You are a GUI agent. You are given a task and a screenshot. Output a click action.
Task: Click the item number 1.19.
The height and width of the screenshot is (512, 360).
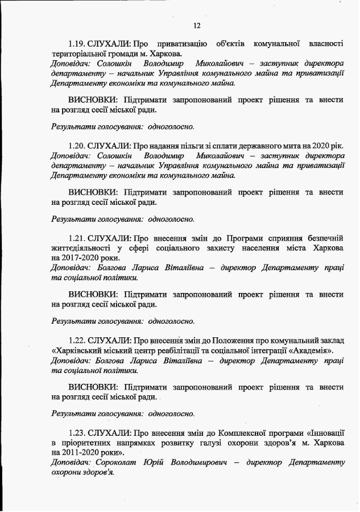point(77,44)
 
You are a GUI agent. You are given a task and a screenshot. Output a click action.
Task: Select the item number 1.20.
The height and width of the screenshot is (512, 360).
point(77,146)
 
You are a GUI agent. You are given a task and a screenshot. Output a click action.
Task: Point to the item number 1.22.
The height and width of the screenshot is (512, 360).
point(77,340)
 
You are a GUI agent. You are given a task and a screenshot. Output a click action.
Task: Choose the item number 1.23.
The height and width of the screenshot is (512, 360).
point(77,433)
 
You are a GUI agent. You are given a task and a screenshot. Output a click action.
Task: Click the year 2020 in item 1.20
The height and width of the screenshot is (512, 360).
point(315,146)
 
